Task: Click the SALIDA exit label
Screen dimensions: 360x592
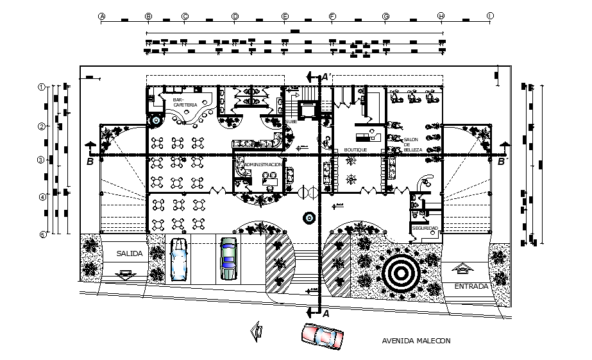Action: pyautogui.click(x=129, y=254)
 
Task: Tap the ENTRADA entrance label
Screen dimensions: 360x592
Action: pyautogui.click(x=471, y=286)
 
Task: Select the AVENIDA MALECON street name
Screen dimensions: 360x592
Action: pyautogui.click(x=416, y=341)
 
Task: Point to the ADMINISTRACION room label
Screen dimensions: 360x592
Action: pyautogui.click(x=263, y=165)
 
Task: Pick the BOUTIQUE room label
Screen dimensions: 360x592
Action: pyautogui.click(x=355, y=149)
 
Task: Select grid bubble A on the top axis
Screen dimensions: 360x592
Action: pyautogui.click(x=101, y=17)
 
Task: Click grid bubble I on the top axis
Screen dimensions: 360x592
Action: pyautogui.click(x=491, y=17)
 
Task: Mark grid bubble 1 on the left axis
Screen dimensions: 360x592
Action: pyautogui.click(x=42, y=87)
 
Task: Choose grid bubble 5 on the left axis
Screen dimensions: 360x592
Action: pyautogui.click(x=42, y=235)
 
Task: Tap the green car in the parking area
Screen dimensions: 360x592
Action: pyautogui.click(x=228, y=259)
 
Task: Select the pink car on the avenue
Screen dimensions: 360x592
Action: pyautogui.click(x=322, y=336)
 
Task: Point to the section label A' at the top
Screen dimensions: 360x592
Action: pyautogui.click(x=326, y=77)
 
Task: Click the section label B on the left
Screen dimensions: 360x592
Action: pyautogui.click(x=90, y=162)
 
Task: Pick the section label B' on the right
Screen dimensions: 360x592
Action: pyautogui.click(x=502, y=162)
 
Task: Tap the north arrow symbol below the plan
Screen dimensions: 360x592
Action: pyautogui.click(x=257, y=330)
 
